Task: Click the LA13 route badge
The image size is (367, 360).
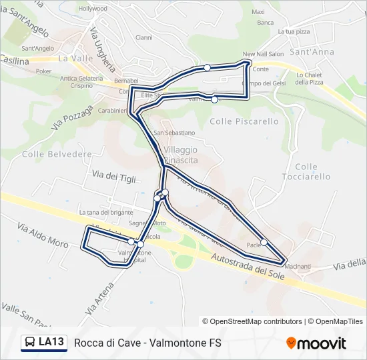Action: [44, 343]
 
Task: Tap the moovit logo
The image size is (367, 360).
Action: [316, 343]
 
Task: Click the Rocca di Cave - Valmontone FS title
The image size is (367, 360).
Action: [147, 343]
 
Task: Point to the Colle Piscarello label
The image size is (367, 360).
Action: [244, 121]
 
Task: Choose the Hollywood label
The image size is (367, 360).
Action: [93, 9]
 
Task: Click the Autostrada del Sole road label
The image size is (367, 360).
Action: [247, 265]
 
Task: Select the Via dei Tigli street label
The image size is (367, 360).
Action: [114, 176]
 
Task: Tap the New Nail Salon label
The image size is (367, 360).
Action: [264, 54]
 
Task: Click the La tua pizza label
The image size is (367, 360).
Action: [294, 31]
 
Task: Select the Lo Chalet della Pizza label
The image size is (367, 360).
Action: [310, 78]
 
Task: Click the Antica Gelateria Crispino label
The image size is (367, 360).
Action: [81, 82]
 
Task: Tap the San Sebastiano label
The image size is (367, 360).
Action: [175, 133]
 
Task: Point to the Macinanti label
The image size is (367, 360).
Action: [298, 267]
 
